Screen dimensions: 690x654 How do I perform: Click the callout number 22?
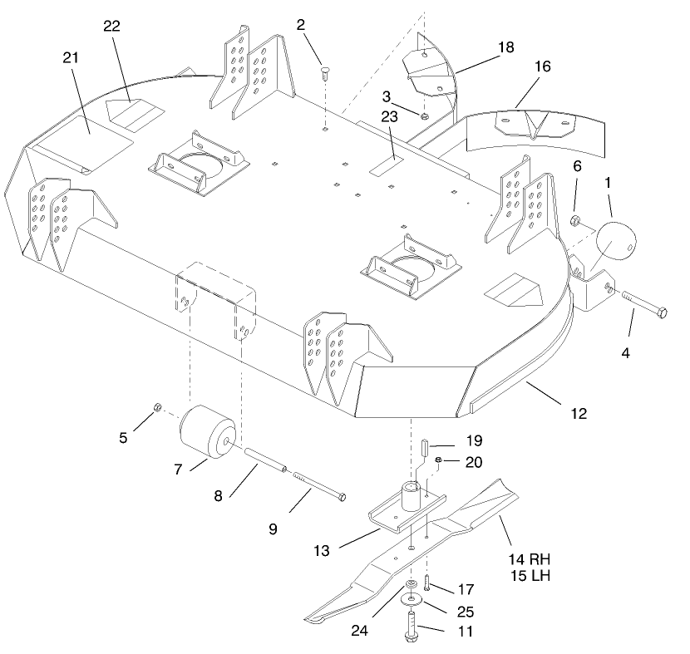[x=111, y=26]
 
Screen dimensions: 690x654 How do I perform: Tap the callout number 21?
[x=71, y=57]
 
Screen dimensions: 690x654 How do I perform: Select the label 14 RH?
[x=530, y=559]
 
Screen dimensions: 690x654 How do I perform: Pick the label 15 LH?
[x=530, y=575]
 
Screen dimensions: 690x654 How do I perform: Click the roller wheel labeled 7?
[x=208, y=432]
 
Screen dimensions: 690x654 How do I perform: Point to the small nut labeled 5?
[x=156, y=407]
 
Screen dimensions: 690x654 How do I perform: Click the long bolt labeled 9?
[x=319, y=487]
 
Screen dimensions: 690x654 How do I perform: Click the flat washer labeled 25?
[x=412, y=599]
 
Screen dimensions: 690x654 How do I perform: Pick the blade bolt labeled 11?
[x=412, y=627]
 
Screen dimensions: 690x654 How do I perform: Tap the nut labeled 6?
[x=574, y=220]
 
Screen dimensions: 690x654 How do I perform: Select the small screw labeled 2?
[x=325, y=73]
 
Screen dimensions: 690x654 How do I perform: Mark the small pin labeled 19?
[x=426, y=447]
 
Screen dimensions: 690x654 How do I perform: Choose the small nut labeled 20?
[x=439, y=460]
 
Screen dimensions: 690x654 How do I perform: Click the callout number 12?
[x=579, y=414]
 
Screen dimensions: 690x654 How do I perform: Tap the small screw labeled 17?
[x=426, y=583]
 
